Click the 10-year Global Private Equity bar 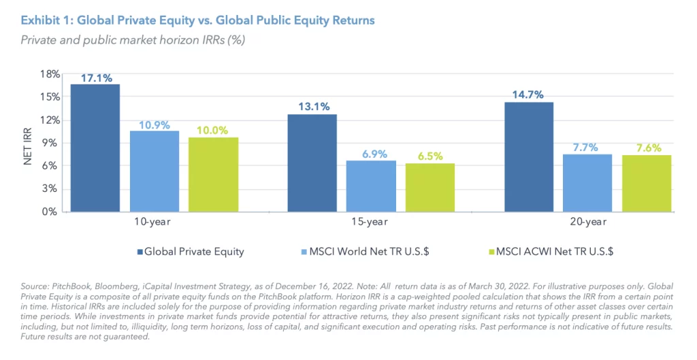pyautogui.click(x=95, y=148)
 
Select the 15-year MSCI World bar pyautogui.click(x=371, y=186)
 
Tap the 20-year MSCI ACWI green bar pyautogui.click(x=647, y=183)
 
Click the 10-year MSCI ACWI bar pyautogui.click(x=213, y=174)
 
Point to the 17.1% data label pyautogui.click(x=95, y=77)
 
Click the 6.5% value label pyautogui.click(x=429, y=156)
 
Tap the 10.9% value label pyautogui.click(x=155, y=124)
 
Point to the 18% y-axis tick pyautogui.click(x=50, y=73)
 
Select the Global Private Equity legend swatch pyautogui.click(x=140, y=252)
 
